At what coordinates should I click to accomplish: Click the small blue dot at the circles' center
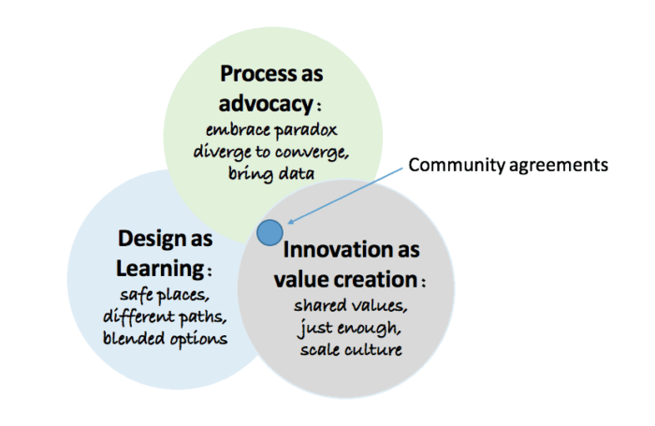(x=270, y=231)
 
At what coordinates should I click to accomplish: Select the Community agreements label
(x=508, y=165)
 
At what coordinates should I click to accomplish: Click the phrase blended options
(x=165, y=338)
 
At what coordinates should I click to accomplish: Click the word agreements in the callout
(x=559, y=165)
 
